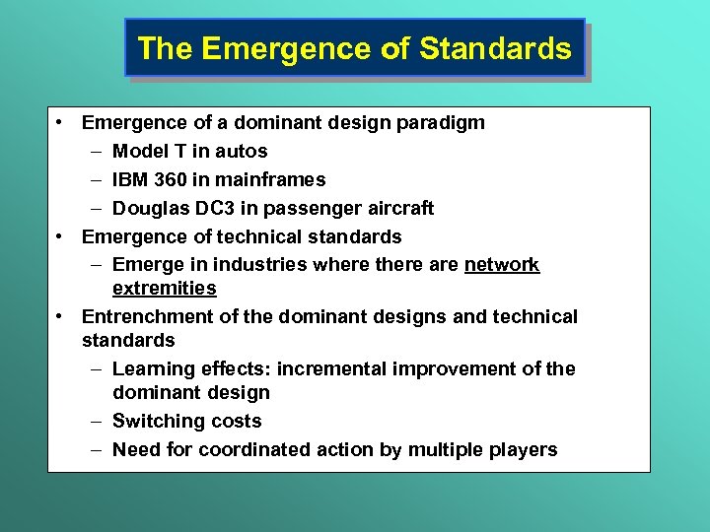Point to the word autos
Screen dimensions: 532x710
tap(243, 152)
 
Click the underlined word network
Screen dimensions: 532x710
tap(502, 265)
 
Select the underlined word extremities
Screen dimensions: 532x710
tap(164, 289)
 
